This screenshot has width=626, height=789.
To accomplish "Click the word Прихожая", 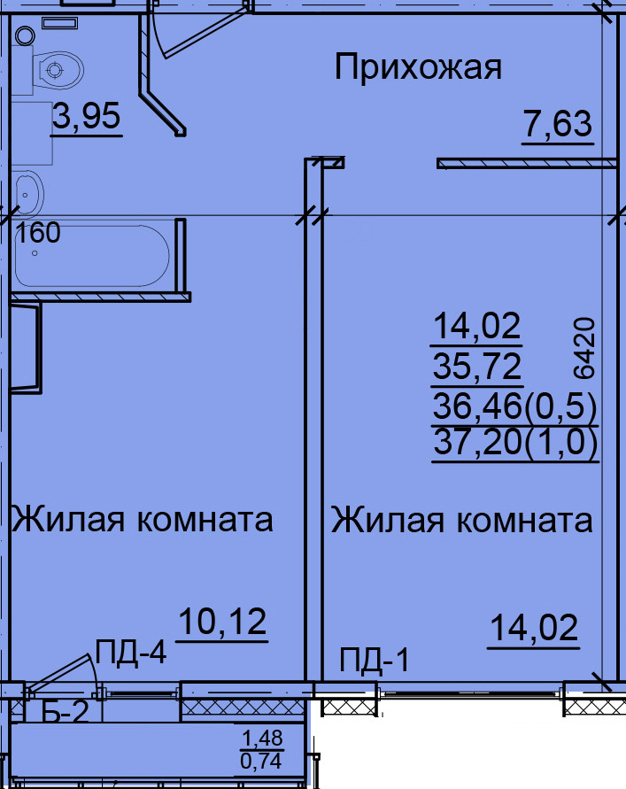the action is click(x=418, y=68).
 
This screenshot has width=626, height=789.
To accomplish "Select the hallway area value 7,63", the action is click(x=558, y=124).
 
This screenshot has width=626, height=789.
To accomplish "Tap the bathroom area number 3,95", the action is click(x=87, y=116).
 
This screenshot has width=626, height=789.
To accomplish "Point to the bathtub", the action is click(x=91, y=256).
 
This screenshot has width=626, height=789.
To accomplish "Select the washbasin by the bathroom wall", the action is click(x=28, y=194).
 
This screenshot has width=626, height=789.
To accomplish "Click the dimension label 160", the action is click(x=38, y=233).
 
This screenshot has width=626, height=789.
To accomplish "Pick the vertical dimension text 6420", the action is click(x=584, y=348).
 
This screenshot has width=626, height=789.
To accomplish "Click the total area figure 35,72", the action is click(x=476, y=367).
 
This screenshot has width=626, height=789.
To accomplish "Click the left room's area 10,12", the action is click(x=222, y=622).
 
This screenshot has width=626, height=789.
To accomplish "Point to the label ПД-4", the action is click(x=131, y=652).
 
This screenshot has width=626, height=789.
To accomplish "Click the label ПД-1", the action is click(x=375, y=661).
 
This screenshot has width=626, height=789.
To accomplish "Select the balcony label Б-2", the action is click(x=66, y=711).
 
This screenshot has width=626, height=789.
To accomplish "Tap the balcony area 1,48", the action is click(x=262, y=739).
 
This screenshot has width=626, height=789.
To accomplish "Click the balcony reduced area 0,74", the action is click(x=261, y=761).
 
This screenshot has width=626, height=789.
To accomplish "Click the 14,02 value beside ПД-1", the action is click(x=534, y=628).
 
